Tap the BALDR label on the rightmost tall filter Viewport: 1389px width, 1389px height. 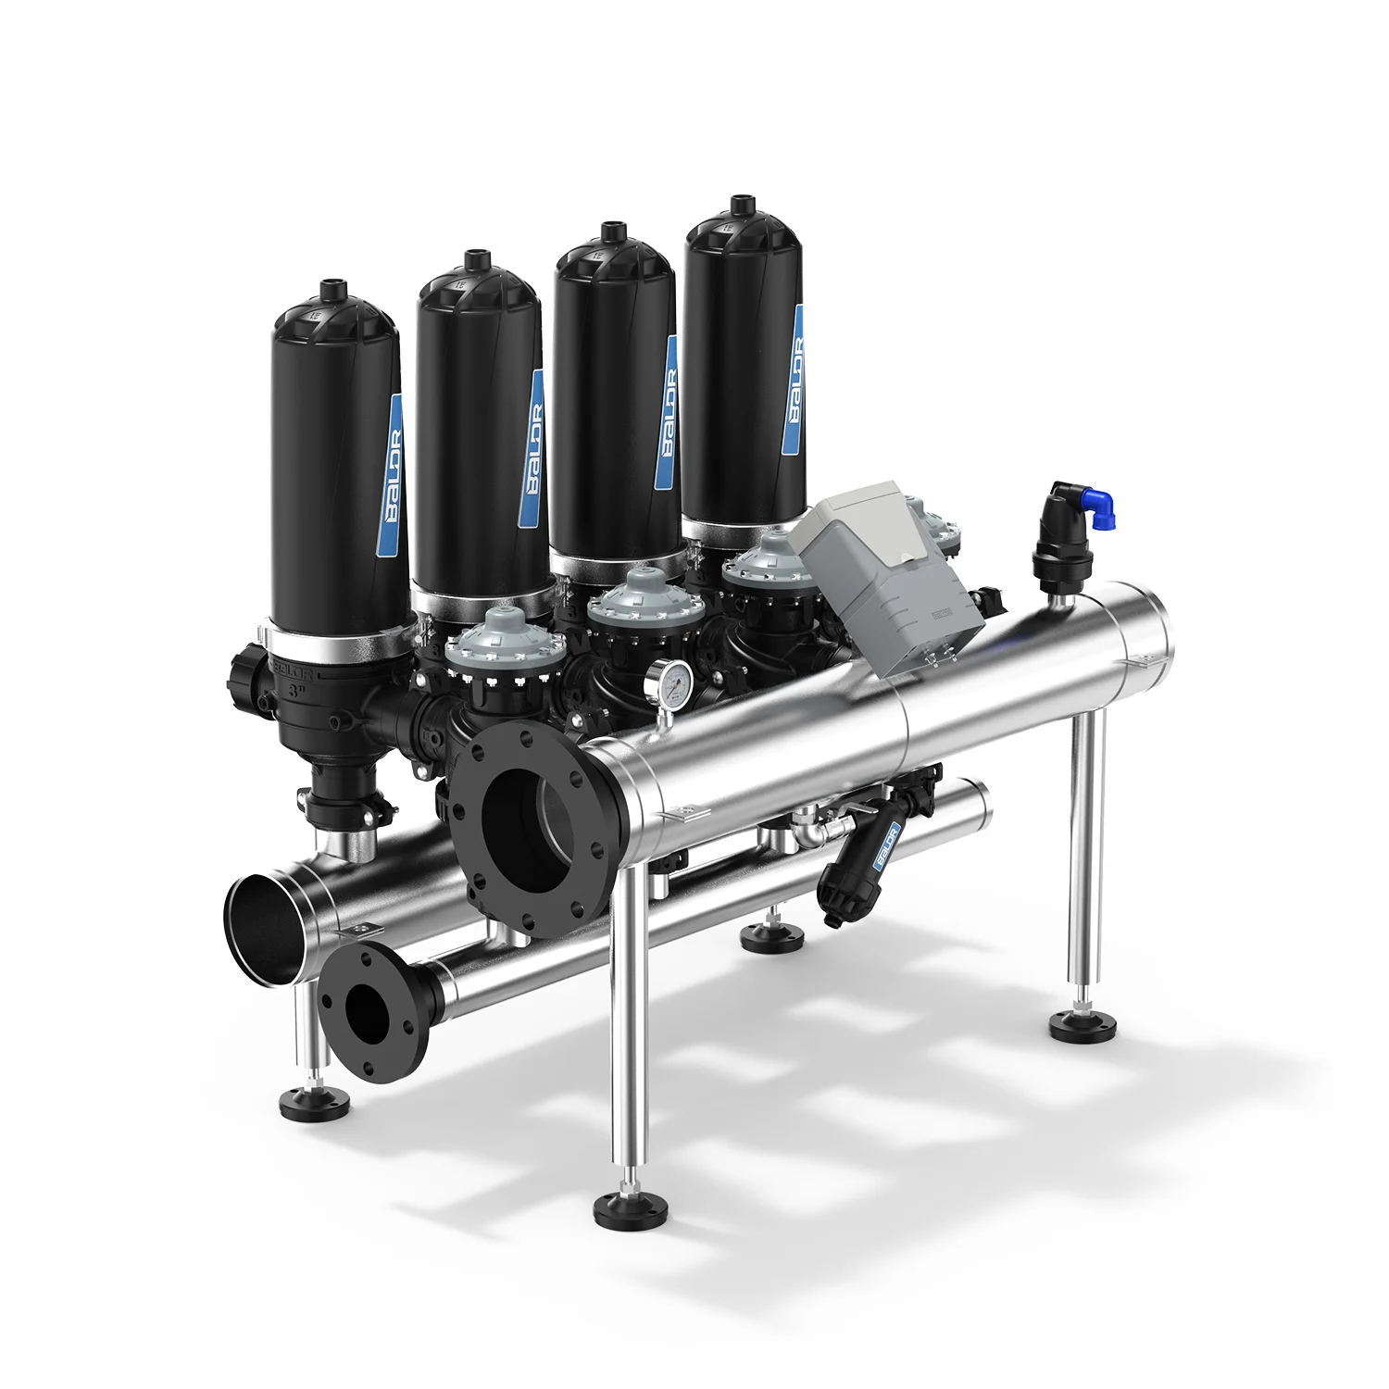[793, 381]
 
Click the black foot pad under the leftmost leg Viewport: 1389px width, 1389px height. [316, 1103]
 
